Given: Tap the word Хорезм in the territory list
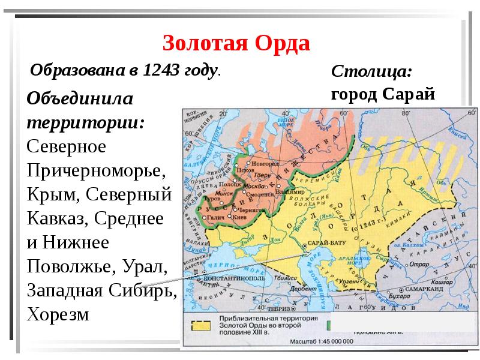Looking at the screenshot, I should point(58,314).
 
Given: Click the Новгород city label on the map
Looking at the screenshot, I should point(265,163).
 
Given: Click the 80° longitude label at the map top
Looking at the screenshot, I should point(405,113).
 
